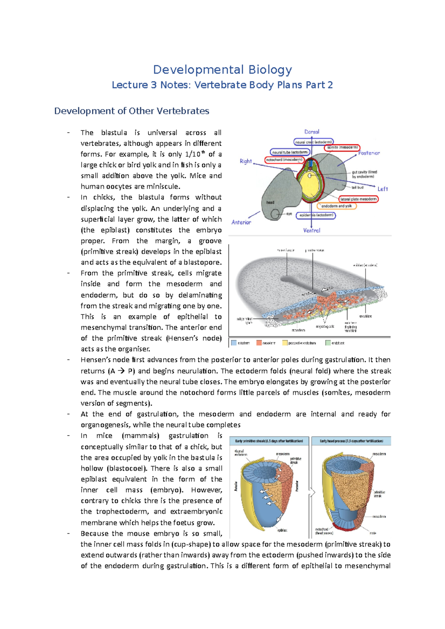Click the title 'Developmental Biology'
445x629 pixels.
[222, 70]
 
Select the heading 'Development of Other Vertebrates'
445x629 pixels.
[132, 111]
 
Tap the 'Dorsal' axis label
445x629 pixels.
[311, 132]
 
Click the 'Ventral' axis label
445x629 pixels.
[311, 230]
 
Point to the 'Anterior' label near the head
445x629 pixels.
[241, 222]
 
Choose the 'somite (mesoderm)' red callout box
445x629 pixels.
[342, 147]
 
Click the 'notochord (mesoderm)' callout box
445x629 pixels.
[284, 160]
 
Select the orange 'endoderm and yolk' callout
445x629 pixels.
[336, 206]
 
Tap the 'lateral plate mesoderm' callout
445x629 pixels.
[358, 199]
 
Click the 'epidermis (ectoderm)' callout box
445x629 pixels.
[316, 215]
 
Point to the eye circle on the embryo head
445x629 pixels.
[275, 214]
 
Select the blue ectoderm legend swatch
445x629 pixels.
[234, 343]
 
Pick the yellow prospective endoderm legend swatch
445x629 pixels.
[285, 343]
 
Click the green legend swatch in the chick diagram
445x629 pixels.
[328, 343]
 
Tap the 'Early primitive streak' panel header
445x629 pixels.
[269, 441]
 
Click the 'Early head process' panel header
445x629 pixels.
[351, 441]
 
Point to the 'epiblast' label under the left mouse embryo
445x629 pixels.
[282, 530]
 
